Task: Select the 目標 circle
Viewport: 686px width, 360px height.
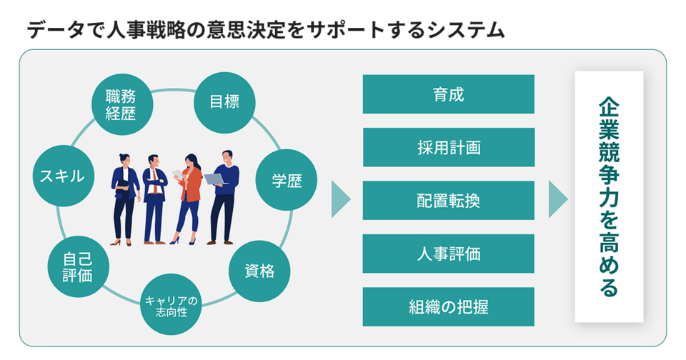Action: click(x=224, y=102)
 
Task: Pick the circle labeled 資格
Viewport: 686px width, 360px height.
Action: click(x=257, y=271)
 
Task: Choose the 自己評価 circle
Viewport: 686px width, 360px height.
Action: click(x=76, y=266)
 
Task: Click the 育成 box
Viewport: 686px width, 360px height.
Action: click(x=448, y=94)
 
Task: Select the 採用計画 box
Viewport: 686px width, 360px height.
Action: click(x=448, y=147)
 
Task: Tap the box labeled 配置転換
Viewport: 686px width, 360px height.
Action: click(x=448, y=200)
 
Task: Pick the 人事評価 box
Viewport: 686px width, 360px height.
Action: click(x=448, y=254)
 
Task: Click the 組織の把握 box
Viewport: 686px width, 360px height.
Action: click(x=448, y=306)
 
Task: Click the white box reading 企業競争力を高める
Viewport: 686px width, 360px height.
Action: click(x=609, y=196)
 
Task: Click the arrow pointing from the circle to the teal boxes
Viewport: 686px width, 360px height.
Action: click(x=341, y=199)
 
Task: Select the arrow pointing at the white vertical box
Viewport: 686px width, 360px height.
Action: click(x=557, y=199)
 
